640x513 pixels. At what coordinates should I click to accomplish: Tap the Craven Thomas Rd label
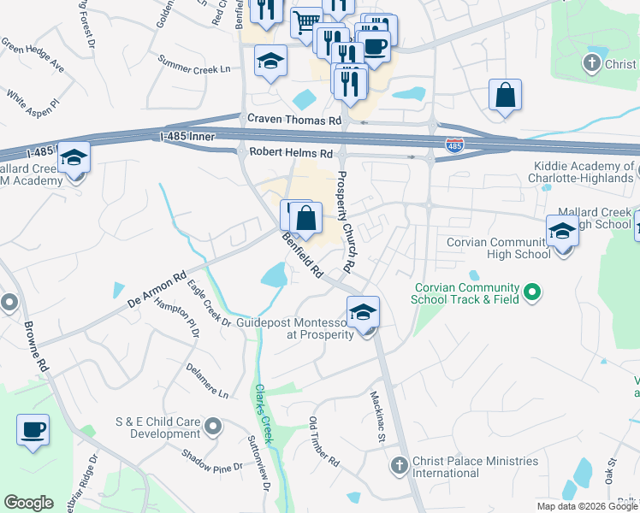293,121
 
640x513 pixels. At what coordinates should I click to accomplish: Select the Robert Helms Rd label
290,153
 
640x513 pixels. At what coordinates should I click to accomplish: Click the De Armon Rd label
156,290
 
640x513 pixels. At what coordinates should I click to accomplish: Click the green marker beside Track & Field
532,293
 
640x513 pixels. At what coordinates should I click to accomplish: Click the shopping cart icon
305,21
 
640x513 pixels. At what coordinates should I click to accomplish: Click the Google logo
28,503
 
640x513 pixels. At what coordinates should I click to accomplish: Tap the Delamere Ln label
207,380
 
